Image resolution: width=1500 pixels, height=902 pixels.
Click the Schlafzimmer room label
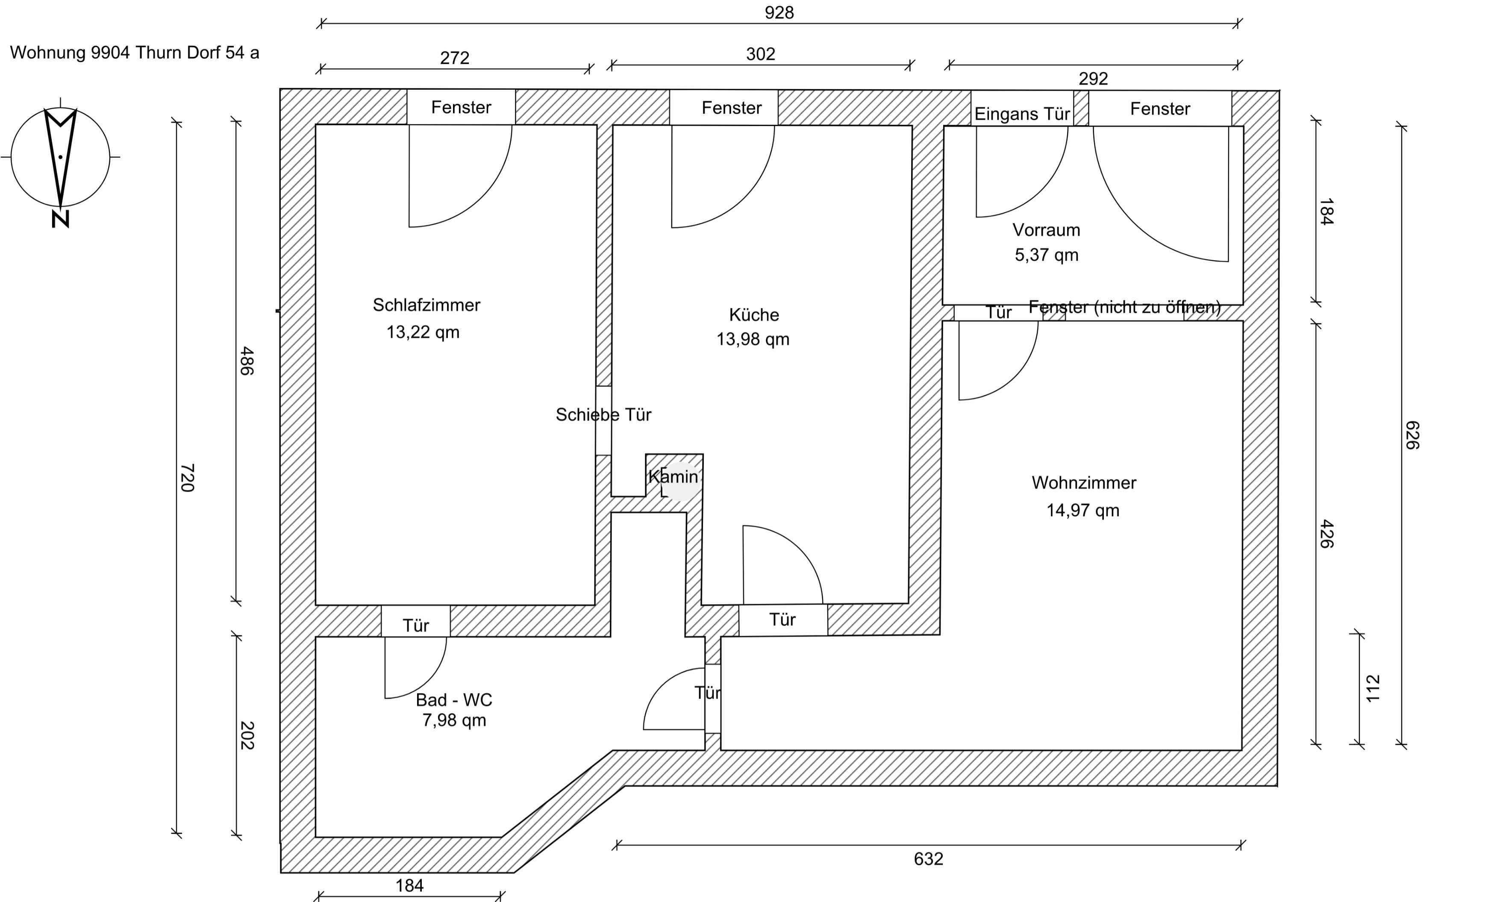[x=426, y=305]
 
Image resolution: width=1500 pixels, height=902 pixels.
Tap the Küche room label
[x=754, y=315]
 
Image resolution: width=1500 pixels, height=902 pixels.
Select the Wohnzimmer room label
[x=1084, y=482]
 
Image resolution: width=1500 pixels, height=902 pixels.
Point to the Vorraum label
[x=1046, y=230]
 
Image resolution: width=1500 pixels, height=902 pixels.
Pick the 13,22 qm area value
[x=423, y=332]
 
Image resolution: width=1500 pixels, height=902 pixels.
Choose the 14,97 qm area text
[x=1082, y=511]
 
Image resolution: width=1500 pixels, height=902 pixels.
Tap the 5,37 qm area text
[x=1047, y=255]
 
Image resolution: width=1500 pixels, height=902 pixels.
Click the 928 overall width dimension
[x=779, y=13]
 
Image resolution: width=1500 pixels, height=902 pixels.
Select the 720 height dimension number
[x=187, y=478]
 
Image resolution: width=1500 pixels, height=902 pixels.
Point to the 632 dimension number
[x=929, y=859]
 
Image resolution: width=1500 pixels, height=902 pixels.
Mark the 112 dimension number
[x=1373, y=689]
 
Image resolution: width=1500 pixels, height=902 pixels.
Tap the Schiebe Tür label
[x=603, y=414]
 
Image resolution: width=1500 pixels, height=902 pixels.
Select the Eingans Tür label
[x=1022, y=114]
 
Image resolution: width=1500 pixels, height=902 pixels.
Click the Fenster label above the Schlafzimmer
[x=461, y=108]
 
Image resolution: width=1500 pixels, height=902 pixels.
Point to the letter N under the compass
[x=60, y=220]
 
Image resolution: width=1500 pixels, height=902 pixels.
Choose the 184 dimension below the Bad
[x=410, y=886]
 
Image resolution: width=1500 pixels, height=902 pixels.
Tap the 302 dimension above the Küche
[x=761, y=54]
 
